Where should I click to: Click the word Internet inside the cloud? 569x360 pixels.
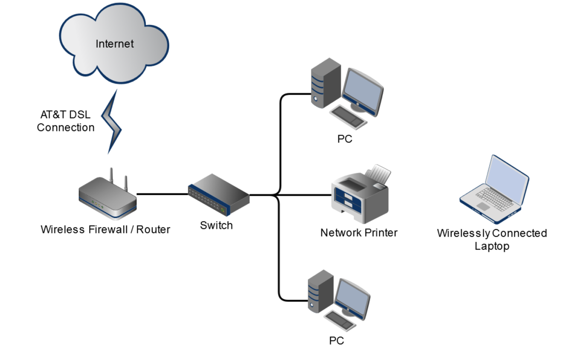[x=114, y=44]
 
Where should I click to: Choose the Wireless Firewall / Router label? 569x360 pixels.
[x=105, y=229]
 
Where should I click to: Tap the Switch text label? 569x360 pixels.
[x=216, y=225]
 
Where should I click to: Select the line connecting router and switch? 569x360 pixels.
[x=162, y=194]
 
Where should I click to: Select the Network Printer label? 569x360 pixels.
[x=359, y=233]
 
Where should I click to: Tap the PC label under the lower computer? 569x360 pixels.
[x=336, y=341]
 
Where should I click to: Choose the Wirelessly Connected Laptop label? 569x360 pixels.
[x=492, y=240]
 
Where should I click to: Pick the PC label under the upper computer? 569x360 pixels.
[x=345, y=139]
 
